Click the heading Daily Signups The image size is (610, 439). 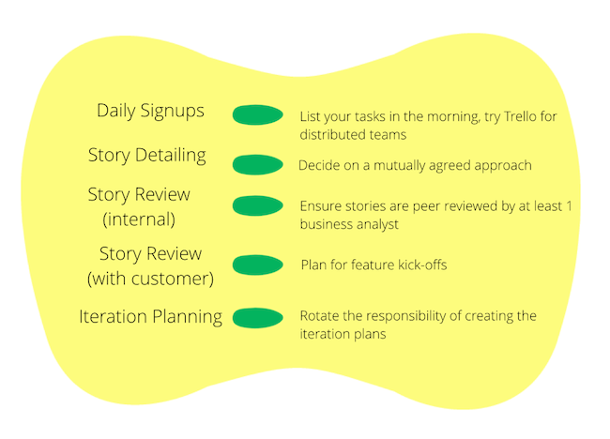point(150,111)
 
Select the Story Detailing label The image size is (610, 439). point(146,155)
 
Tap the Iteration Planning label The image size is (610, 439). point(150,316)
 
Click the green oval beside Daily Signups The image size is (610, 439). point(257,116)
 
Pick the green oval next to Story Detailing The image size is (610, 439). point(257,164)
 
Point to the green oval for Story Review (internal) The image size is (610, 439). point(257,205)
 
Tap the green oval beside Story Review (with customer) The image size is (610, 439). point(257,265)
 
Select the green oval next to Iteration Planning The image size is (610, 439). point(257,318)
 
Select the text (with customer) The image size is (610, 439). point(150,279)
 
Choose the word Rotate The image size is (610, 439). point(319,316)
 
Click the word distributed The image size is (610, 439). point(330,134)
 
